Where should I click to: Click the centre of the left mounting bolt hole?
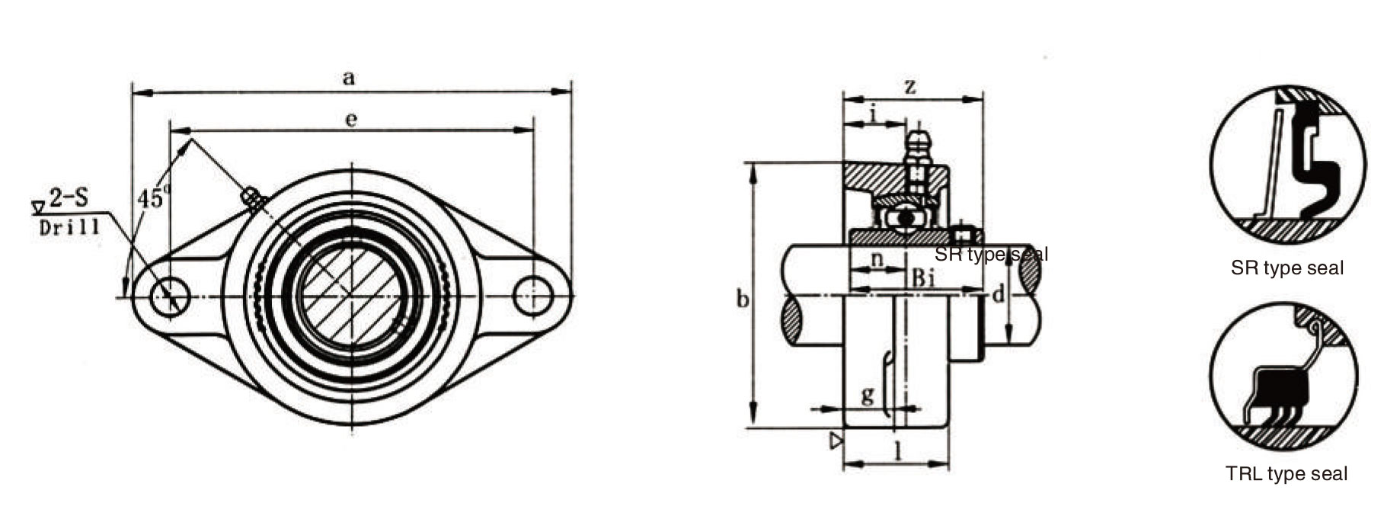pos(170,296)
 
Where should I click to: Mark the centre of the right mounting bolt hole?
pos(533,296)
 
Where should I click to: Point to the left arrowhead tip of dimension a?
pos(133,93)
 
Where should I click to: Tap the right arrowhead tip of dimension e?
pos(533,130)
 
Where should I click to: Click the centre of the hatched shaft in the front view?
pos(351,296)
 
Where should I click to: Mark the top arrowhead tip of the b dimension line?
pos(754,163)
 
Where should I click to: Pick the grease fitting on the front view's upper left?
pos(254,199)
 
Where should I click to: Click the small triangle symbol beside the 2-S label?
pos(38,206)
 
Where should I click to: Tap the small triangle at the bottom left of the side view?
pos(837,441)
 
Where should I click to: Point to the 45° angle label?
pos(152,197)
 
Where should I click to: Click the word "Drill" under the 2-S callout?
pos(69,227)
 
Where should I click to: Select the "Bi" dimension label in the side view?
pos(923,278)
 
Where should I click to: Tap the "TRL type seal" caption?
pos(1287,473)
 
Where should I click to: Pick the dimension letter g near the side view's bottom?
pos(868,396)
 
